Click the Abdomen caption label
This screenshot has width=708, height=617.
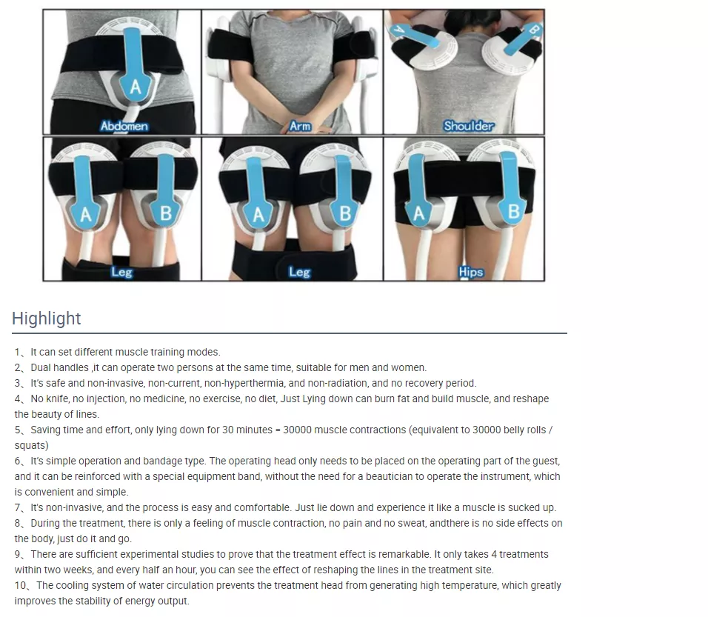pos(124,126)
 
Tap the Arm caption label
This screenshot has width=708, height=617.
pos(300,126)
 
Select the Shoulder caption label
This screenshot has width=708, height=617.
pos(468,126)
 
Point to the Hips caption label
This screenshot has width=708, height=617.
pos(470,272)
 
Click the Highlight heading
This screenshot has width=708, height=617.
pos(47,318)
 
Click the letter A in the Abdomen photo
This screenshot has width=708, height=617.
pos(135,86)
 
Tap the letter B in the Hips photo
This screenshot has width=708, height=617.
pos(514,211)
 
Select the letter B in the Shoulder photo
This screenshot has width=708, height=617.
pos(533,30)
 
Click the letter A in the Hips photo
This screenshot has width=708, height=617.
pos(418,213)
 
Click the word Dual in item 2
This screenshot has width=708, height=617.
pos(41,367)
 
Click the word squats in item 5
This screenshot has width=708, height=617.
pos(31,446)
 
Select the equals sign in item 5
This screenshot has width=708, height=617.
pos(278,430)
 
